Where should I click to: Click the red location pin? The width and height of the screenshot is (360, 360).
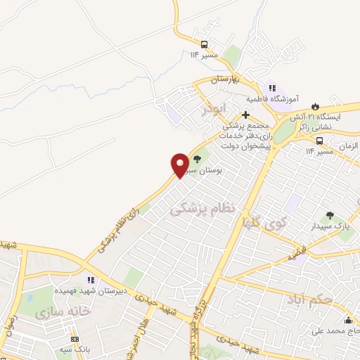(x=180, y=165)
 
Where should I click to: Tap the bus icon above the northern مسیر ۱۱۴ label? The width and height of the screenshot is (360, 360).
(x=204, y=43)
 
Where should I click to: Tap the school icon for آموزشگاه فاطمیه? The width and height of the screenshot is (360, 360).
(x=271, y=89)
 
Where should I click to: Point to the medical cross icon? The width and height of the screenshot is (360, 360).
(x=245, y=115)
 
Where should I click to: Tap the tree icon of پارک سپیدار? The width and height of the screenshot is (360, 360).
(x=330, y=214)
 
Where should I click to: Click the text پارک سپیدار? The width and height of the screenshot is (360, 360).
(x=330, y=226)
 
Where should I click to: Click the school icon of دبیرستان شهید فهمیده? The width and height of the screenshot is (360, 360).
(x=90, y=279)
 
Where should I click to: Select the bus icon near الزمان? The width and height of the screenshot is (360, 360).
(x=319, y=140)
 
